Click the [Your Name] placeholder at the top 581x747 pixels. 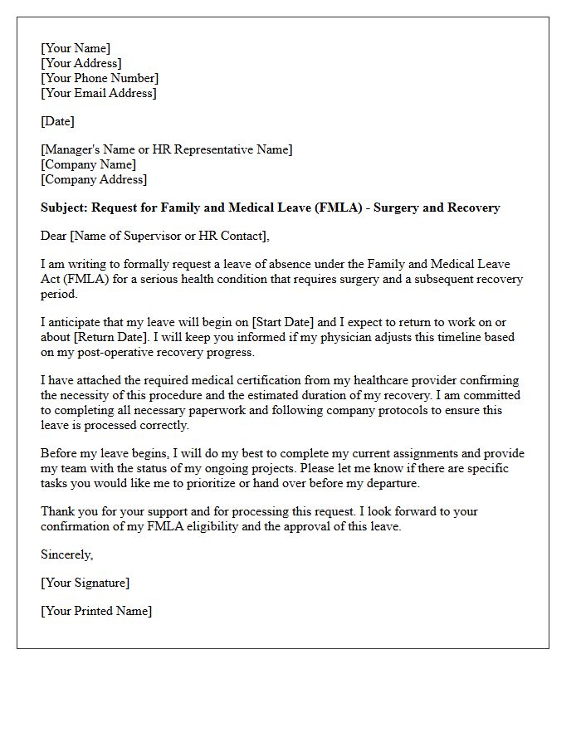(76, 48)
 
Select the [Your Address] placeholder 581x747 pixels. (81, 63)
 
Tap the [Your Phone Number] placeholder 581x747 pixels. (100, 78)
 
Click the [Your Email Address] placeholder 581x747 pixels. (98, 93)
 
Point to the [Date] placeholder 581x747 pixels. (57, 121)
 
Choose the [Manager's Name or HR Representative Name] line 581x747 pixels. (166, 149)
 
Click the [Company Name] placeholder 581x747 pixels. (88, 164)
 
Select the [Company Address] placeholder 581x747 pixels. (93, 179)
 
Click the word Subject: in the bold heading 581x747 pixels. (64, 207)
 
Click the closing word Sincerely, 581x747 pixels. (67, 554)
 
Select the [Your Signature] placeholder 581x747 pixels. (85, 583)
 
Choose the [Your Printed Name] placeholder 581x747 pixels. (96, 611)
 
